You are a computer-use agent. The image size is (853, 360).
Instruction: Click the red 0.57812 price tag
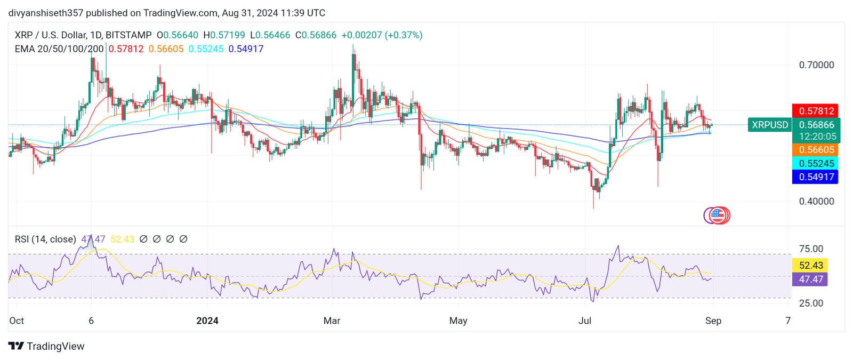click(x=815, y=111)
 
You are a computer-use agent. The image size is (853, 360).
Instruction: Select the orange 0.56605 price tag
click(x=815, y=150)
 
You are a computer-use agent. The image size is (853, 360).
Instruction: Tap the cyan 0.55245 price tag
click(x=815, y=164)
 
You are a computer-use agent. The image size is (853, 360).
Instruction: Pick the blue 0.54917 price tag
click(x=815, y=177)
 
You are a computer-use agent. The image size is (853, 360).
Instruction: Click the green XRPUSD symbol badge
click(x=769, y=125)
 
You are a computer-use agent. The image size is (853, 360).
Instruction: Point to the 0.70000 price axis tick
click(x=816, y=65)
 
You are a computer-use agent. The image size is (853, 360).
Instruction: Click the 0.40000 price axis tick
click(x=816, y=202)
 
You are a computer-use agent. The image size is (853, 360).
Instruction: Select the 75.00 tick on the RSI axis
click(x=811, y=249)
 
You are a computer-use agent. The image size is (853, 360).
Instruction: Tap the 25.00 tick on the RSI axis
click(x=811, y=303)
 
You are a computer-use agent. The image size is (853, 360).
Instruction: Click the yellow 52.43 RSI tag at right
click(x=810, y=266)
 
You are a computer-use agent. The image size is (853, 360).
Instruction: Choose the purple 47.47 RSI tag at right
click(x=810, y=279)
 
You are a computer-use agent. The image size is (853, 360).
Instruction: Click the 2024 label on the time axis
click(x=207, y=321)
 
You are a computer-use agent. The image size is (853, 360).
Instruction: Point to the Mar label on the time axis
click(x=332, y=321)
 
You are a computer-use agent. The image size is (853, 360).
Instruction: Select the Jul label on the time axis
click(x=585, y=321)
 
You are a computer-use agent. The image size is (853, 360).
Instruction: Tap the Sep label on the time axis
click(x=713, y=321)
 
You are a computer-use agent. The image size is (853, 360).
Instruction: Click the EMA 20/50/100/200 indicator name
click(x=59, y=49)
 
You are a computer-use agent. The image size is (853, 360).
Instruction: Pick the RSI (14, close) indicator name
click(x=45, y=239)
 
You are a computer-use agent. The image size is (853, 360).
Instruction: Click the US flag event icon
click(x=718, y=215)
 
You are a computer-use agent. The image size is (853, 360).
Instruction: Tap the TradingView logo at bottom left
click(x=46, y=346)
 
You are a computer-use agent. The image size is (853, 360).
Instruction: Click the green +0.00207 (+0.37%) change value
click(x=382, y=35)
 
